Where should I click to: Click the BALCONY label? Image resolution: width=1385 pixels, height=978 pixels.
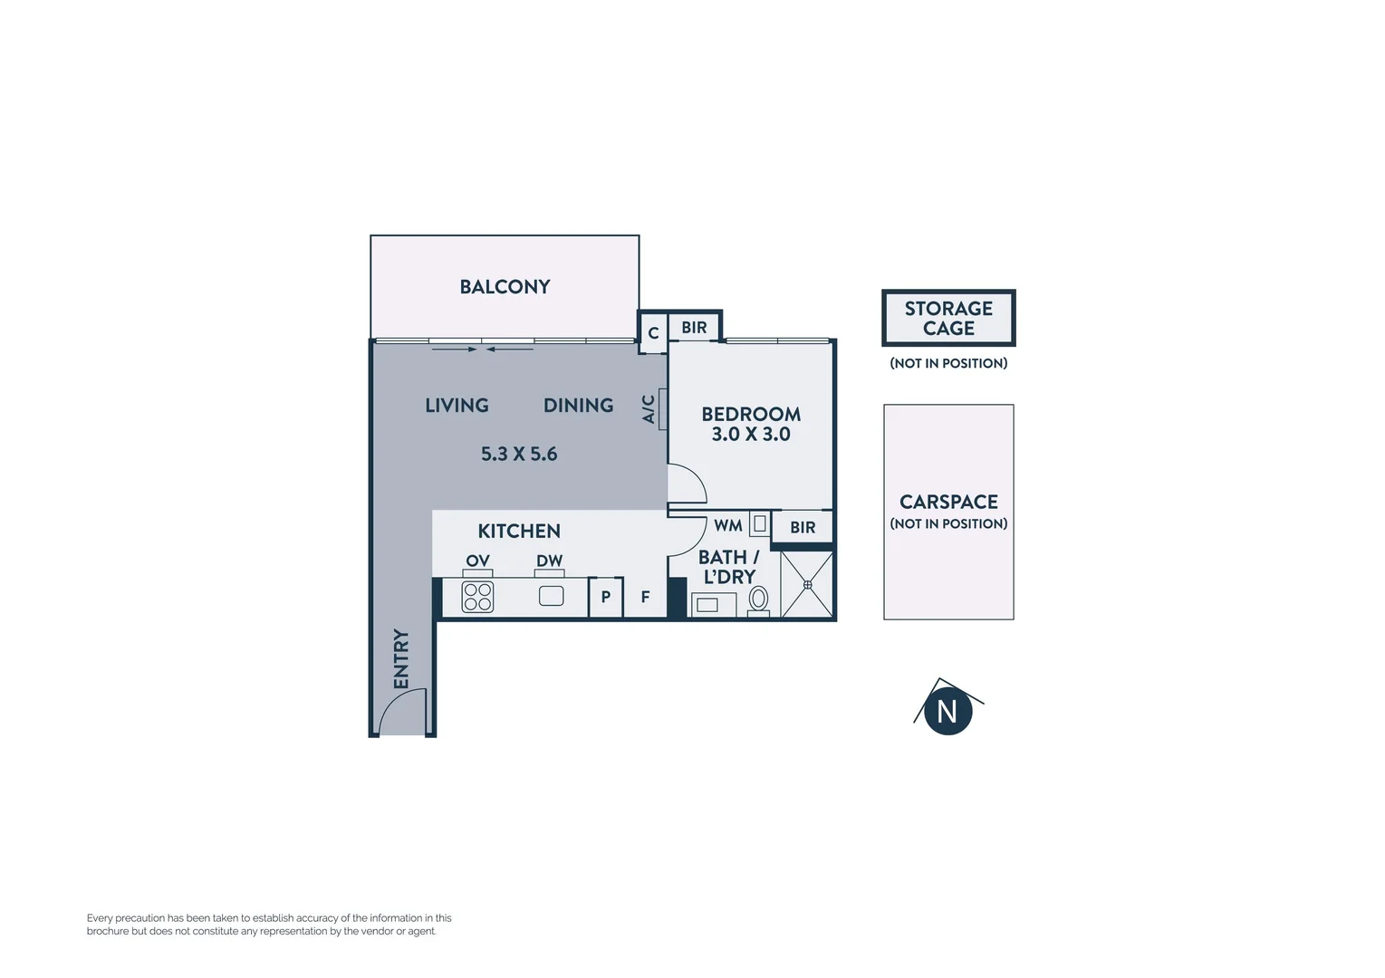[x=505, y=287]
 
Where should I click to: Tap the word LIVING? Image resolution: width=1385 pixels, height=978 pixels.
[x=457, y=406]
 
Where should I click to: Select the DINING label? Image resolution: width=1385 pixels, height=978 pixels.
[x=578, y=406]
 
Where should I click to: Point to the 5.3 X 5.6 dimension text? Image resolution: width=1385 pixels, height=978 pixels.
[x=519, y=454]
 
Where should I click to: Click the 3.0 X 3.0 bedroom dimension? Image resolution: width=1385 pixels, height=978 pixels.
[x=751, y=435]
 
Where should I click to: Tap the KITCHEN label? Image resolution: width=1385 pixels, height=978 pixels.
[x=519, y=532]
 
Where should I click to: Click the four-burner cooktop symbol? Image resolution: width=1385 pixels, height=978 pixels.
[x=477, y=598]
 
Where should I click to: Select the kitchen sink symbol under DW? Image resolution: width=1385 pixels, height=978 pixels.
[x=551, y=596]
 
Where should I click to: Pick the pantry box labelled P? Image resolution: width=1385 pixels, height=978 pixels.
[x=606, y=598]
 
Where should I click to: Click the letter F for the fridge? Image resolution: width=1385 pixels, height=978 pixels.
[x=645, y=598]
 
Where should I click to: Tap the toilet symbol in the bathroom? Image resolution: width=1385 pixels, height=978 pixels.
[x=759, y=599]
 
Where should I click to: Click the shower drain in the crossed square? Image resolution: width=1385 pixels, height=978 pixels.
[x=807, y=585]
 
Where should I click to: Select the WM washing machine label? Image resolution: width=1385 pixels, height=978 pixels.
[x=728, y=526]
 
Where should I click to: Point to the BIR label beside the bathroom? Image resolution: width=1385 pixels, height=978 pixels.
[x=803, y=528]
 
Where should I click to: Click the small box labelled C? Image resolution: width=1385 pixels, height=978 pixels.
[x=653, y=333]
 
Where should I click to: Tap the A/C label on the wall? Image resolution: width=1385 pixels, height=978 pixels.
[x=649, y=409]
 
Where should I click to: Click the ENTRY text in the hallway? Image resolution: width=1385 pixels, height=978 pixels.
[x=401, y=658]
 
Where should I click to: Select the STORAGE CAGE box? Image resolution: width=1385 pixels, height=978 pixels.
[x=948, y=318]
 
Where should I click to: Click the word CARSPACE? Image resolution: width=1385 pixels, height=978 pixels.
[x=948, y=502]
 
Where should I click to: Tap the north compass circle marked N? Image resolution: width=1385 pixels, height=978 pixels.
[x=947, y=712]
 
